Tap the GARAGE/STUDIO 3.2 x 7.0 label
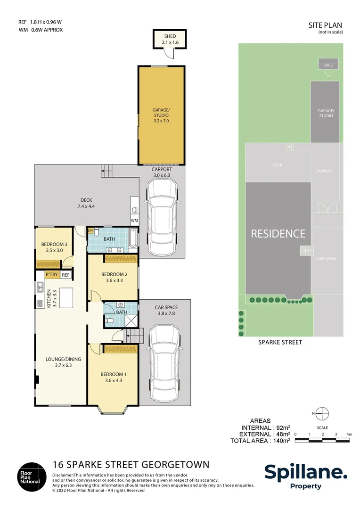point(161,115)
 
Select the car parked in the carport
point(162,214)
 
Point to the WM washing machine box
point(134,220)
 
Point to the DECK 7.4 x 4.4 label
point(86,203)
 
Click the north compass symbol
point(322,413)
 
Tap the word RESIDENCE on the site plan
point(278,233)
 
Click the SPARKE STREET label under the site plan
point(280,342)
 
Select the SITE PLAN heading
point(325,25)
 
